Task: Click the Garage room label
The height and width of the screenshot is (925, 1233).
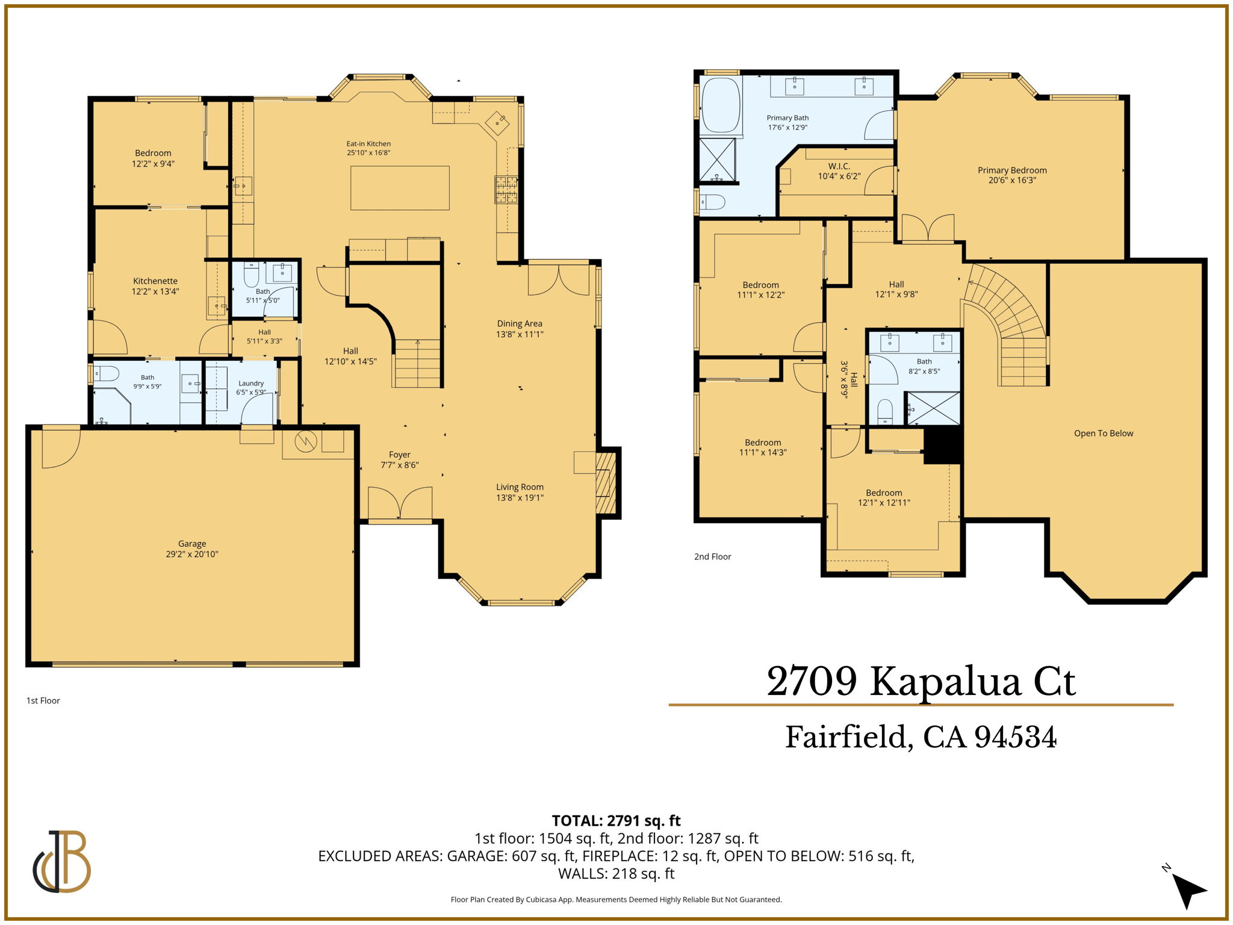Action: click(x=192, y=543)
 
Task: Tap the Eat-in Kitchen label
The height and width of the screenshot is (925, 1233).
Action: click(x=368, y=143)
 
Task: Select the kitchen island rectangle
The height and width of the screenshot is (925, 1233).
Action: click(x=400, y=188)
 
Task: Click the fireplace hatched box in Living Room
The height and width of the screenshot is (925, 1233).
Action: click(x=606, y=483)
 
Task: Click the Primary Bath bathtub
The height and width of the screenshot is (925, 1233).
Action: click(x=721, y=105)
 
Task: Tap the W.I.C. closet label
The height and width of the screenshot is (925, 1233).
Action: click(x=839, y=166)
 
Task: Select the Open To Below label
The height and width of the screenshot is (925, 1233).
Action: click(x=1104, y=433)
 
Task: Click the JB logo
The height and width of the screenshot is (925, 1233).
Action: click(x=62, y=861)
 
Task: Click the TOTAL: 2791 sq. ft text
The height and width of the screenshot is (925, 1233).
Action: click(x=616, y=820)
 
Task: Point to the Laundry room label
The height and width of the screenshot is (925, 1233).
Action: click(x=251, y=383)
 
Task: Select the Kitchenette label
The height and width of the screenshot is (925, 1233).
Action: click(x=155, y=281)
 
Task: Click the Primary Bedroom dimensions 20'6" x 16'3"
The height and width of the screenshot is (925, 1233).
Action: click(x=1012, y=180)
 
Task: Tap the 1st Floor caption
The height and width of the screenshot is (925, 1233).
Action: click(x=43, y=700)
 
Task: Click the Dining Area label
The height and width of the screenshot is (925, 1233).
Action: click(x=520, y=323)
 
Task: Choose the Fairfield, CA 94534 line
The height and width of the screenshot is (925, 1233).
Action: click(x=921, y=737)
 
